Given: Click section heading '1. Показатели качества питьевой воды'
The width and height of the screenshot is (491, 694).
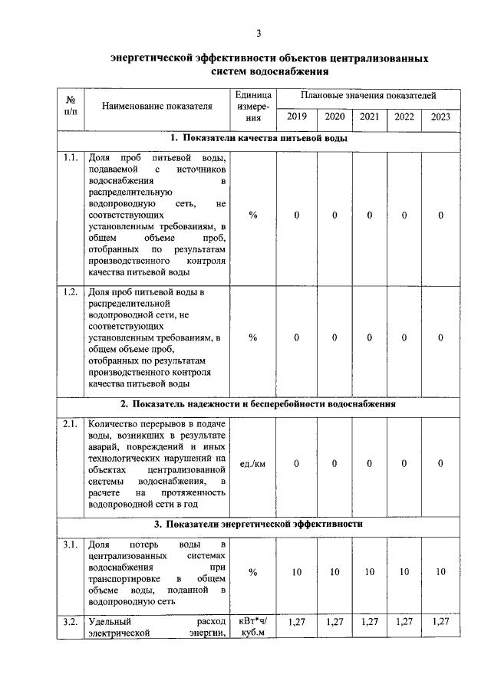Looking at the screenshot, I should point(259,139).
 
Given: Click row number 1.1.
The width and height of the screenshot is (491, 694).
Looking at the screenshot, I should point(71,158).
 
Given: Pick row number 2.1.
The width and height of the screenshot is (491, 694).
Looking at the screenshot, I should point(71,424).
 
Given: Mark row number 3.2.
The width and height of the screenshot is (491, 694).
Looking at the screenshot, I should point(71,621).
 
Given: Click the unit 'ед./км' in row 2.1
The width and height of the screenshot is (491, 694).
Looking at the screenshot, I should point(253,463).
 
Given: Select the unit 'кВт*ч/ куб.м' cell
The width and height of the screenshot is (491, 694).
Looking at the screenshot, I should point(253,627).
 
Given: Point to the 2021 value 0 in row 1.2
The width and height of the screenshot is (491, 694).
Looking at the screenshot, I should point(369,337).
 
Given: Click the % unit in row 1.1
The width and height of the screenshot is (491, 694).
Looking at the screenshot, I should point(253,215).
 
